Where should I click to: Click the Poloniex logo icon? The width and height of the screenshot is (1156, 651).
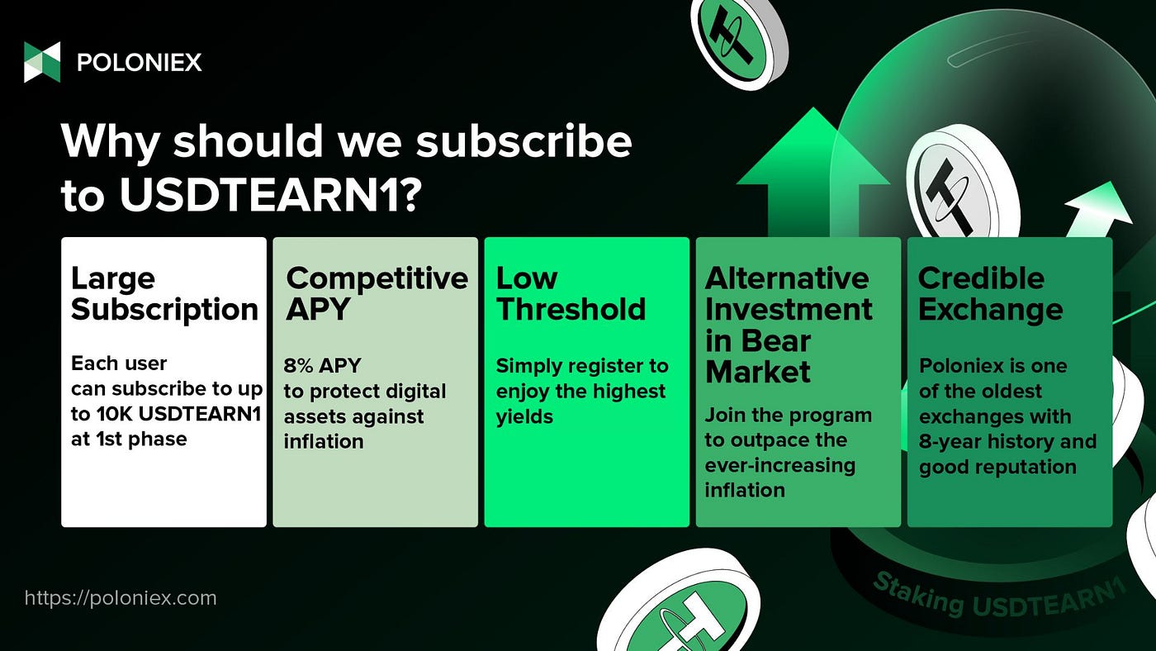pyautogui.click(x=42, y=62)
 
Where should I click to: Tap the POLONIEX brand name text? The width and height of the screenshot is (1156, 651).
pyautogui.click(x=140, y=63)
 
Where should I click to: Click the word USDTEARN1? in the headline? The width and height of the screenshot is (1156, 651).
pyautogui.click(x=271, y=195)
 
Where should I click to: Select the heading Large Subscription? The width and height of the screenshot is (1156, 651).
pyautogui.click(x=164, y=294)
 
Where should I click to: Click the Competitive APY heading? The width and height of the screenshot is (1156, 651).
pyautogui.click(x=377, y=293)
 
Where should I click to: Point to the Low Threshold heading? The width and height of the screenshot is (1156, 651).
pyautogui.click(x=571, y=294)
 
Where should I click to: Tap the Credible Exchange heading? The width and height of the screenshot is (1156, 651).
pyautogui.click(x=990, y=294)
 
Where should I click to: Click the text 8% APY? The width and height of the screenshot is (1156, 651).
pyautogui.click(x=322, y=365)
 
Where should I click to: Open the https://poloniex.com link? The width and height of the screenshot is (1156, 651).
pyautogui.click(x=121, y=598)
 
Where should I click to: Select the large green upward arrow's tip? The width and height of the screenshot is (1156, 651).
pyautogui.click(x=813, y=108)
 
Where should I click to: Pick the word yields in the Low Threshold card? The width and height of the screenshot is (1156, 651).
pyautogui.click(x=524, y=417)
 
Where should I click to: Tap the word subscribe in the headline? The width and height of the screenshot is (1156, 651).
pyautogui.click(x=524, y=141)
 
